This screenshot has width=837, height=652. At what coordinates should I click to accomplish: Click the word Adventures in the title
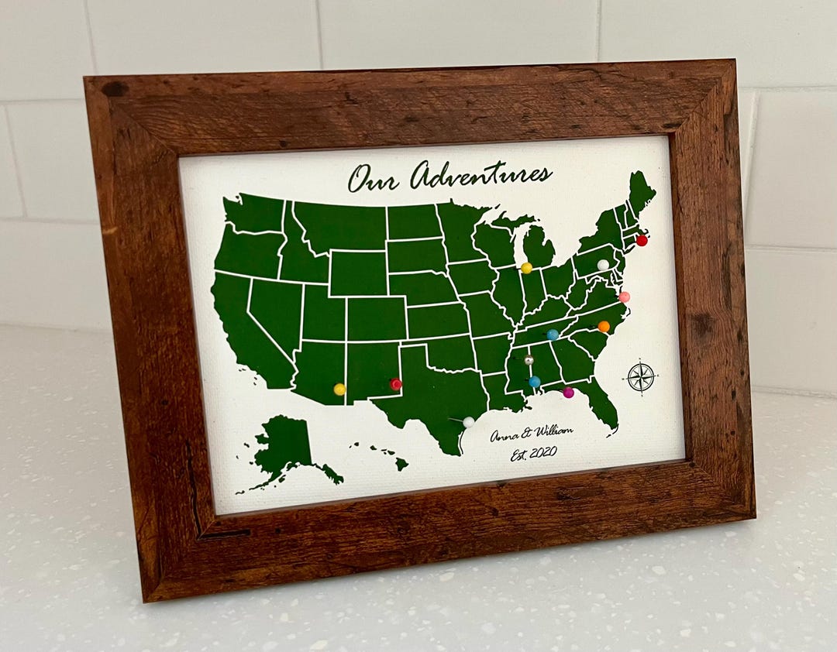[480, 175]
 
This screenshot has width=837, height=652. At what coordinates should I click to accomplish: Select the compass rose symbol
[641, 376]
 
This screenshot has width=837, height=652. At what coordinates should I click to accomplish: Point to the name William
[553, 431]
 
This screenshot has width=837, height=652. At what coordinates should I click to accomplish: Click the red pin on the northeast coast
[642, 240]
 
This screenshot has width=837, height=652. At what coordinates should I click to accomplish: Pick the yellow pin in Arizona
[339, 389]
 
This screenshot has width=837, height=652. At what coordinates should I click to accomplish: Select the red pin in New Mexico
[395, 384]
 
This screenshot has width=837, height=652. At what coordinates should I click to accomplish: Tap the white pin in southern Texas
[468, 422]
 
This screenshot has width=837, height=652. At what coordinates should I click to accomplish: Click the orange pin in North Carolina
[604, 326]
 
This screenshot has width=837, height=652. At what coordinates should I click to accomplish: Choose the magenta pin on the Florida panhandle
[568, 393]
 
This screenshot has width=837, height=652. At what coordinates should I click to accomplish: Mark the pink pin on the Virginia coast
[624, 297]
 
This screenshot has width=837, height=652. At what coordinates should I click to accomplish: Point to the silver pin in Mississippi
[529, 360]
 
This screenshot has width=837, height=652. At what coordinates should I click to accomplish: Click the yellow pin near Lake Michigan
[526, 268]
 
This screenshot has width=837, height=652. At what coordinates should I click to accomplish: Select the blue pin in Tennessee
[553, 335]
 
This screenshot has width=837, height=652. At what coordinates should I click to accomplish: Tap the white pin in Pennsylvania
[603, 265]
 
